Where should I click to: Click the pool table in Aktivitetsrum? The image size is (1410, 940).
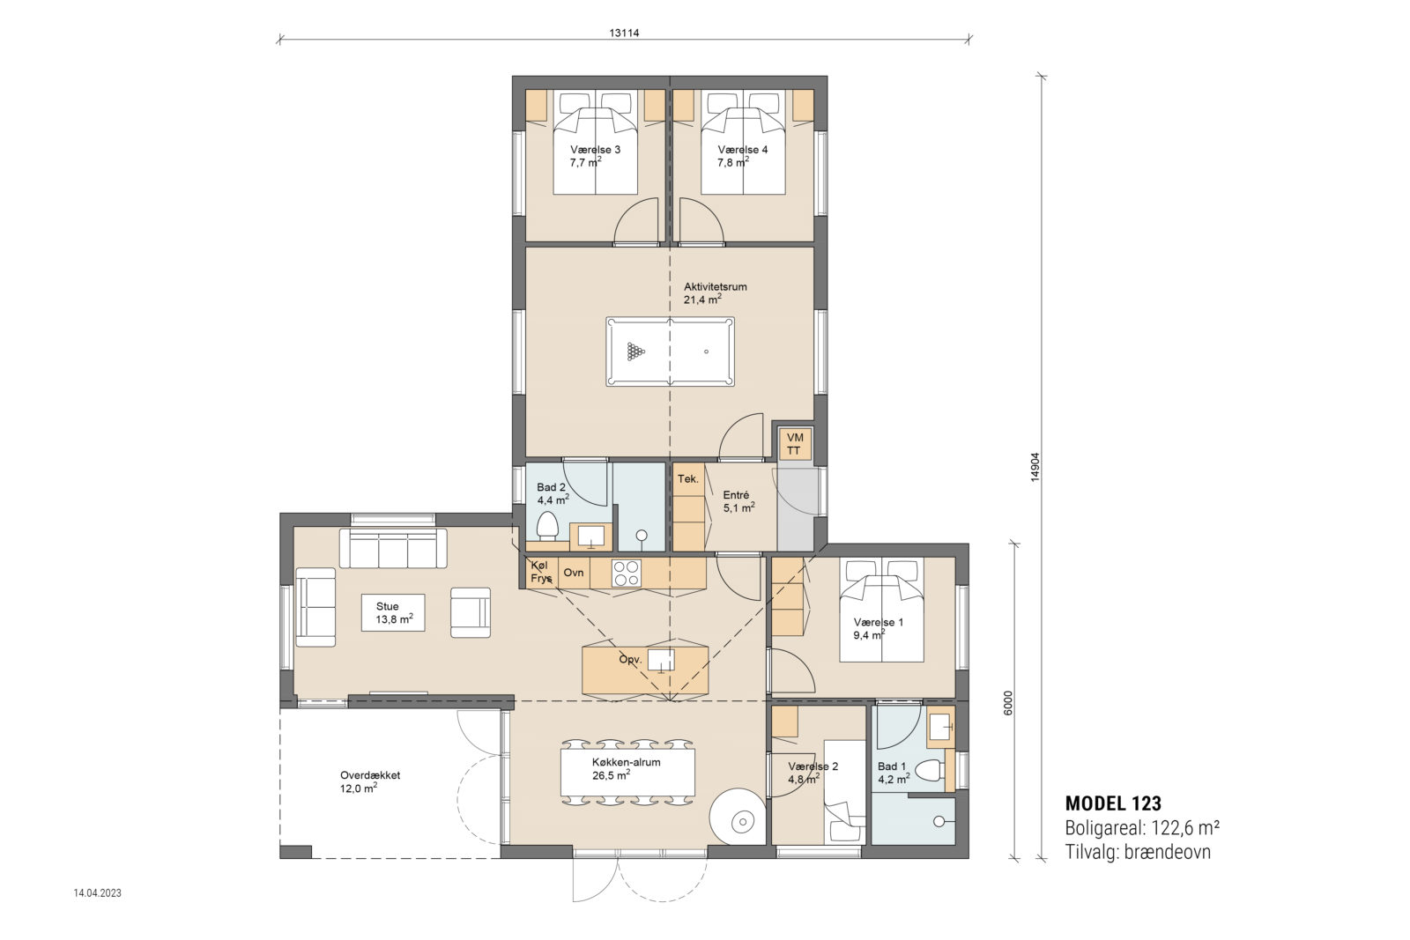[670, 352]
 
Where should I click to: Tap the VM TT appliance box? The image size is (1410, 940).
[794, 444]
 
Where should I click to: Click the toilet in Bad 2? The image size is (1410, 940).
[547, 525]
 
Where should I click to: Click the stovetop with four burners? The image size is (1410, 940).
[627, 574]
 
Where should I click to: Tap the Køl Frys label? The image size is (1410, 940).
[541, 572]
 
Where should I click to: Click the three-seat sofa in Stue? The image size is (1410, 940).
[393, 548]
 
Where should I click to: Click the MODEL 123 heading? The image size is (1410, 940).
[1113, 803]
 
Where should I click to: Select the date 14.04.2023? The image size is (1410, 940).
[98, 892]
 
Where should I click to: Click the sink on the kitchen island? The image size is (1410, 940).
[661, 659]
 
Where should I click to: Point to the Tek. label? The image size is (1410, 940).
[688, 478]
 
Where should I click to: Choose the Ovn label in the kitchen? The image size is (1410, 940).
[574, 573]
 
